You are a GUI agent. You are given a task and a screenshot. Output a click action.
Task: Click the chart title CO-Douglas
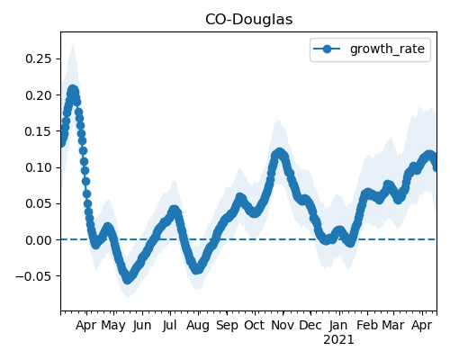click(248, 20)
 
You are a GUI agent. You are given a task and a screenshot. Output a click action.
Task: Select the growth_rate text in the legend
click(387, 49)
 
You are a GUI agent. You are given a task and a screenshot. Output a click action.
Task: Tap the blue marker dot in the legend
click(327, 49)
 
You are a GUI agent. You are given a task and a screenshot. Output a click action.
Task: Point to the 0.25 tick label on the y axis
click(39, 58)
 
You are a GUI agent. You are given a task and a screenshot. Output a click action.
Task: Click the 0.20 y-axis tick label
click(39, 95)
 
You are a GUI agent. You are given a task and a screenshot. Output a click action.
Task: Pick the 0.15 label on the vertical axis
click(39, 131)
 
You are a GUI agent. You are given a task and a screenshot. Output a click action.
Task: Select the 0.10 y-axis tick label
click(39, 167)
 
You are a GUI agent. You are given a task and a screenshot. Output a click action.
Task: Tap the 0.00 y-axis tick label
click(39, 240)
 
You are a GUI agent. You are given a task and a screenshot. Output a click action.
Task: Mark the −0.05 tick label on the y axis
click(33, 276)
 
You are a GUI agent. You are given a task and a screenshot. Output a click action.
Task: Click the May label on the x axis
click(113, 326)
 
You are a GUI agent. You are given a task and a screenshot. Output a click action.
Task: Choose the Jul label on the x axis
click(169, 325)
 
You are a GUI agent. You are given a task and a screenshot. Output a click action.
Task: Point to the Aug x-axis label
click(198, 326)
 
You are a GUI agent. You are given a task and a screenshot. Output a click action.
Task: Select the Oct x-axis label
click(255, 325)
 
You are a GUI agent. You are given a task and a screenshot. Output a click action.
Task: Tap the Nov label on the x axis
click(283, 325)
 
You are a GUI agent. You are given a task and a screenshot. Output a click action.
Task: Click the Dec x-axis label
click(310, 325)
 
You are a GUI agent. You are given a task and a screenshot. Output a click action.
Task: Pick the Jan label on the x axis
click(338, 325)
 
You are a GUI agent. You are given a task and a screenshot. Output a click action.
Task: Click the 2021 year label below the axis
click(338, 340)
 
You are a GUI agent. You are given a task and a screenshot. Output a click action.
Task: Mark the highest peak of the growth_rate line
click(73, 90)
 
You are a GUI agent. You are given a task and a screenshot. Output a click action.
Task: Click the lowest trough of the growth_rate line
click(128, 279)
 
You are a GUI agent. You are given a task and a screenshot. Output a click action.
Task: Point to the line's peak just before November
click(280, 153)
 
